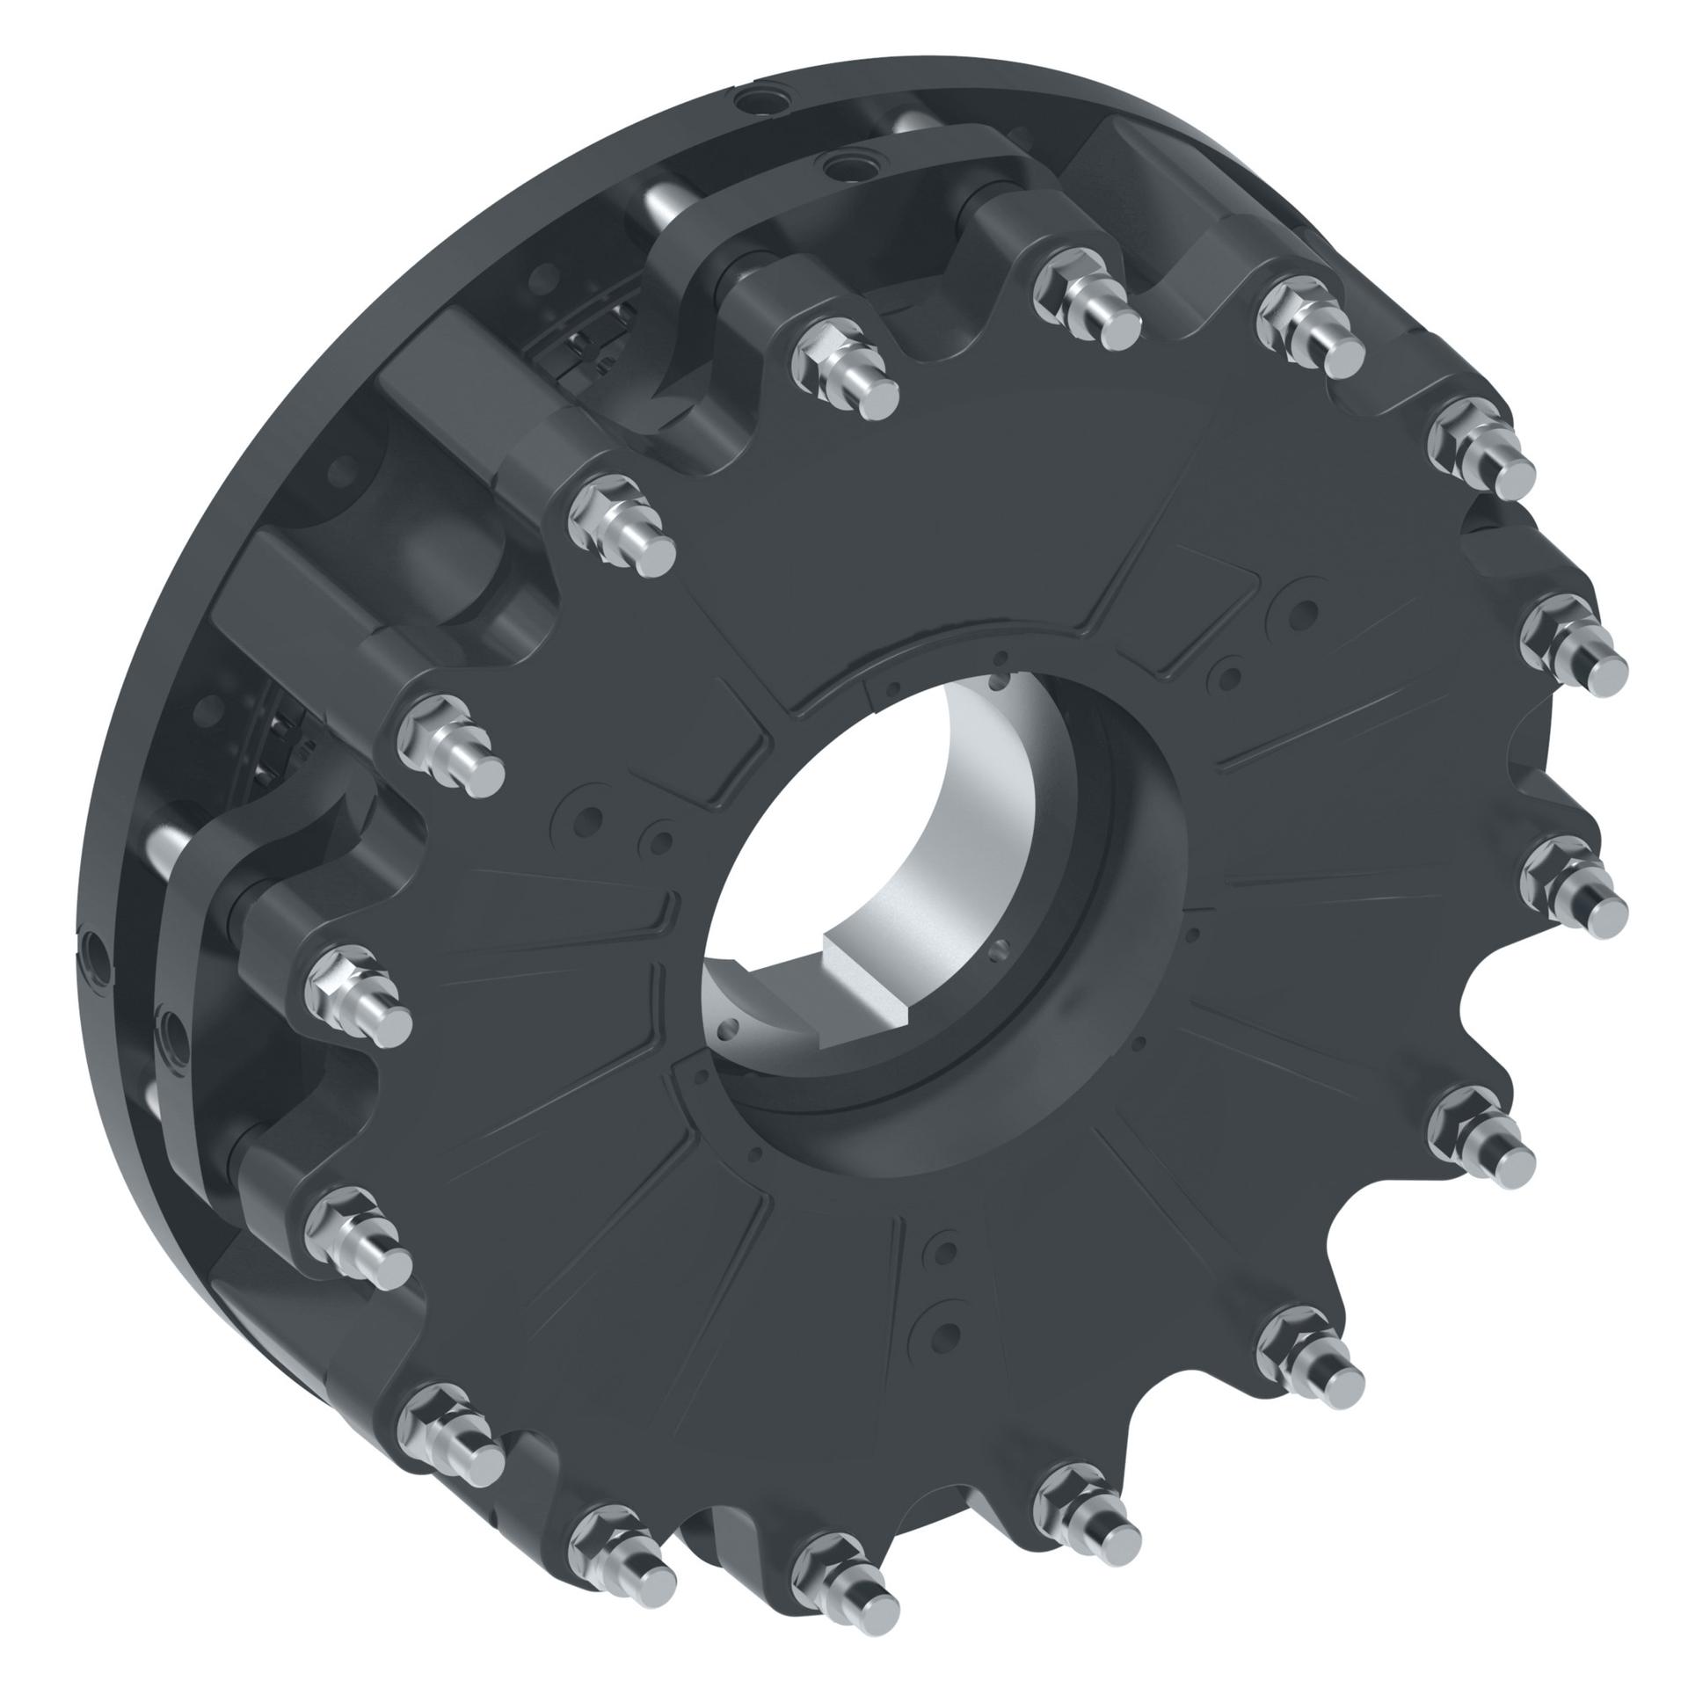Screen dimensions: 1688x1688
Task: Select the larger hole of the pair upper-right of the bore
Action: [x=1304, y=612]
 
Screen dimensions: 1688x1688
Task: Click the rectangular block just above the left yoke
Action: [x=290, y=589]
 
